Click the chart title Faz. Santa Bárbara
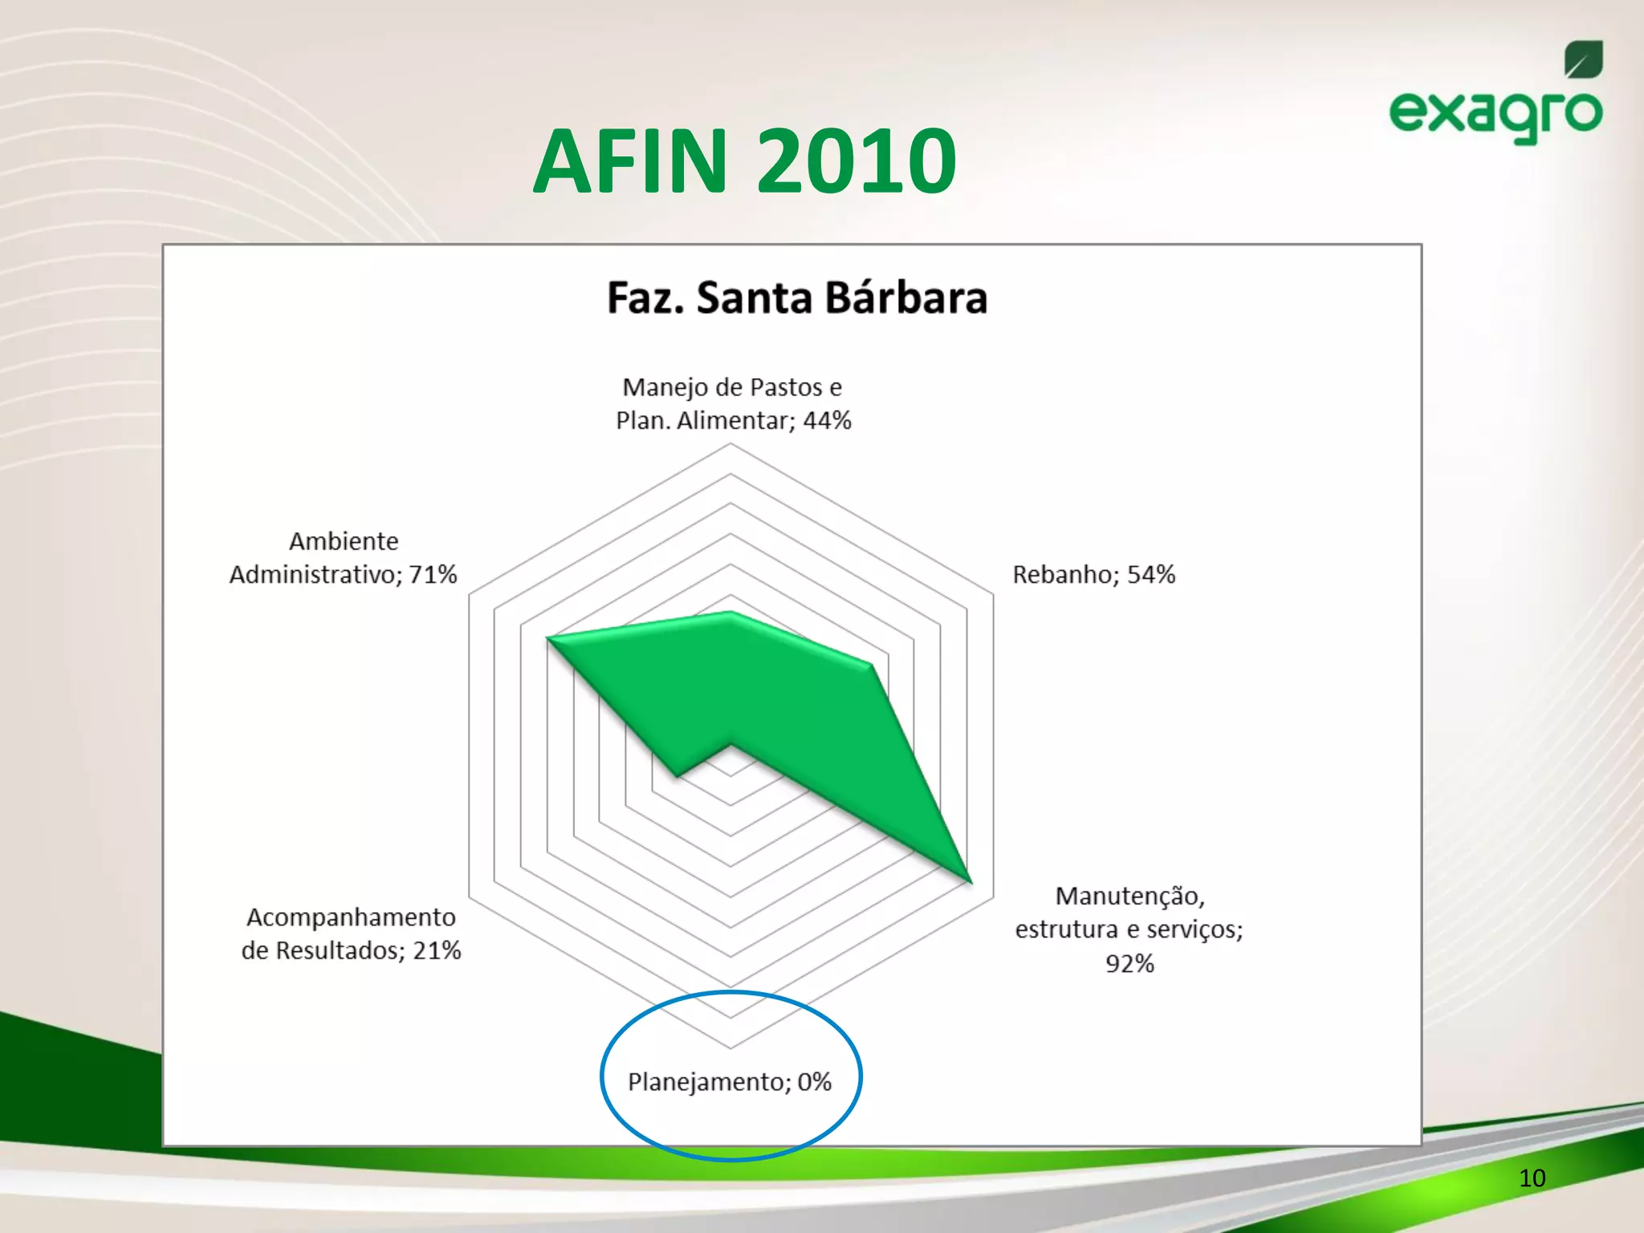click(796, 298)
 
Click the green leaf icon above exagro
click(1583, 60)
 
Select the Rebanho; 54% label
click(1093, 575)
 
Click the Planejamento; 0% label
click(729, 1082)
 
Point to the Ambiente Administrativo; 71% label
click(344, 558)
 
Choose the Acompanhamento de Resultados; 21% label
click(352, 934)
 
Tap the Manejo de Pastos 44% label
click(733, 404)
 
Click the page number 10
click(1532, 1178)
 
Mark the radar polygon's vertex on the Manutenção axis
click(971, 882)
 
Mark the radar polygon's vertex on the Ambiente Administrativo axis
click(547, 639)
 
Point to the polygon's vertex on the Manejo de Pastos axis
click(730, 613)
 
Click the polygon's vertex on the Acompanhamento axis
click(677, 776)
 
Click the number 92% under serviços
click(1129, 963)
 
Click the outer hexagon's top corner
click(730, 445)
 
